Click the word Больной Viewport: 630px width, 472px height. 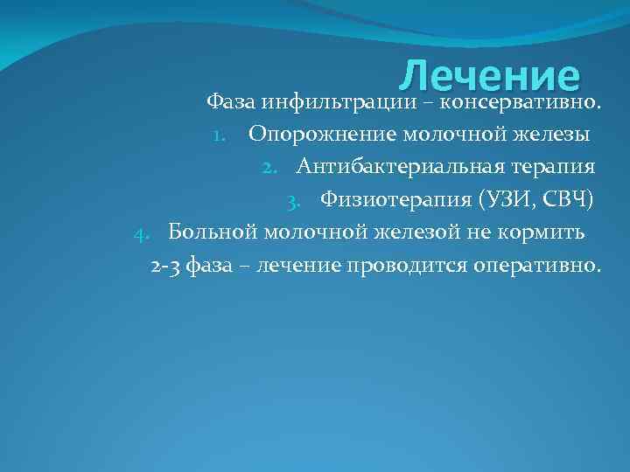(211, 233)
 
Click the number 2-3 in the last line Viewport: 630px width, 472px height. (165, 266)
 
